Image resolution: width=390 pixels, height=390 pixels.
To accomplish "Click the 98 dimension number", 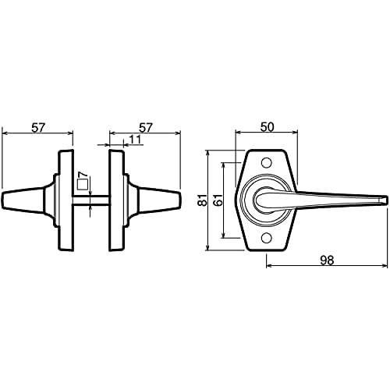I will (327, 261).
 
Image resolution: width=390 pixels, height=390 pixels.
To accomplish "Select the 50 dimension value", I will (268, 126).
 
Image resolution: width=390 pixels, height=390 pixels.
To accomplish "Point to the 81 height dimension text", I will (201, 201).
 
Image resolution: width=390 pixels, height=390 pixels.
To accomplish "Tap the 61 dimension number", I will (218, 201).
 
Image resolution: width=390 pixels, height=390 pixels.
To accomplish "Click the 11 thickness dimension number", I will (136, 140).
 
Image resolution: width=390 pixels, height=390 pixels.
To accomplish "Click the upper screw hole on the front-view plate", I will (267, 163).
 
